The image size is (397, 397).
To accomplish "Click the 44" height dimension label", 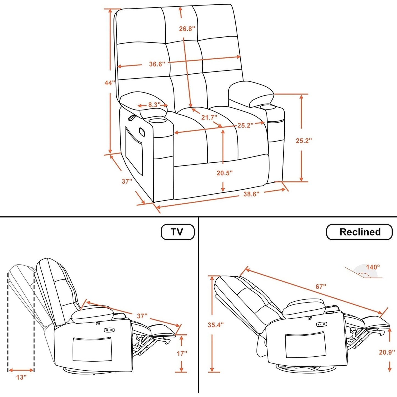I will pos(109,82).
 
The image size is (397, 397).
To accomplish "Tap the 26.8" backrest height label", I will pos(187,29).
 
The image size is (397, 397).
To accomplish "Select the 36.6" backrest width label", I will pos(157,64).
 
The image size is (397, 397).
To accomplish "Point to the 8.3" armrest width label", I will pos(154,105).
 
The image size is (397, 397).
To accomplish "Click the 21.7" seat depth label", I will pos(209,117).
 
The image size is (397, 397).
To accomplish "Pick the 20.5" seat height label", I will pos(224,173).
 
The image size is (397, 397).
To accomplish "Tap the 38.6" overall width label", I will pos(251,194).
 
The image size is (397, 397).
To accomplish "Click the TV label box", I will pos(177,232).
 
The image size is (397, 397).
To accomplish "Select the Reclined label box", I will pos(359,232).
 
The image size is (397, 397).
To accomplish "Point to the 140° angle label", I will pos(373,267).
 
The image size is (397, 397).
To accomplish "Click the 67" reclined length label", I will pos(321,287).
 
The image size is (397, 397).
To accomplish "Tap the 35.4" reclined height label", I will pos(215,325).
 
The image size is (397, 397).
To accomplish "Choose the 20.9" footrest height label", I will pos(387,352).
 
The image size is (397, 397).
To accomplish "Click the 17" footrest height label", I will pos(182,353).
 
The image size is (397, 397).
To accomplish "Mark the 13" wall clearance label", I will pos(21,377).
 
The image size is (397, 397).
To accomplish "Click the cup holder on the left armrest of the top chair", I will pos(157,120).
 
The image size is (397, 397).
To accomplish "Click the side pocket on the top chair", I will pos(135,151).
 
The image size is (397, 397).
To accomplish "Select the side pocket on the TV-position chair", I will pos(92,349).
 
